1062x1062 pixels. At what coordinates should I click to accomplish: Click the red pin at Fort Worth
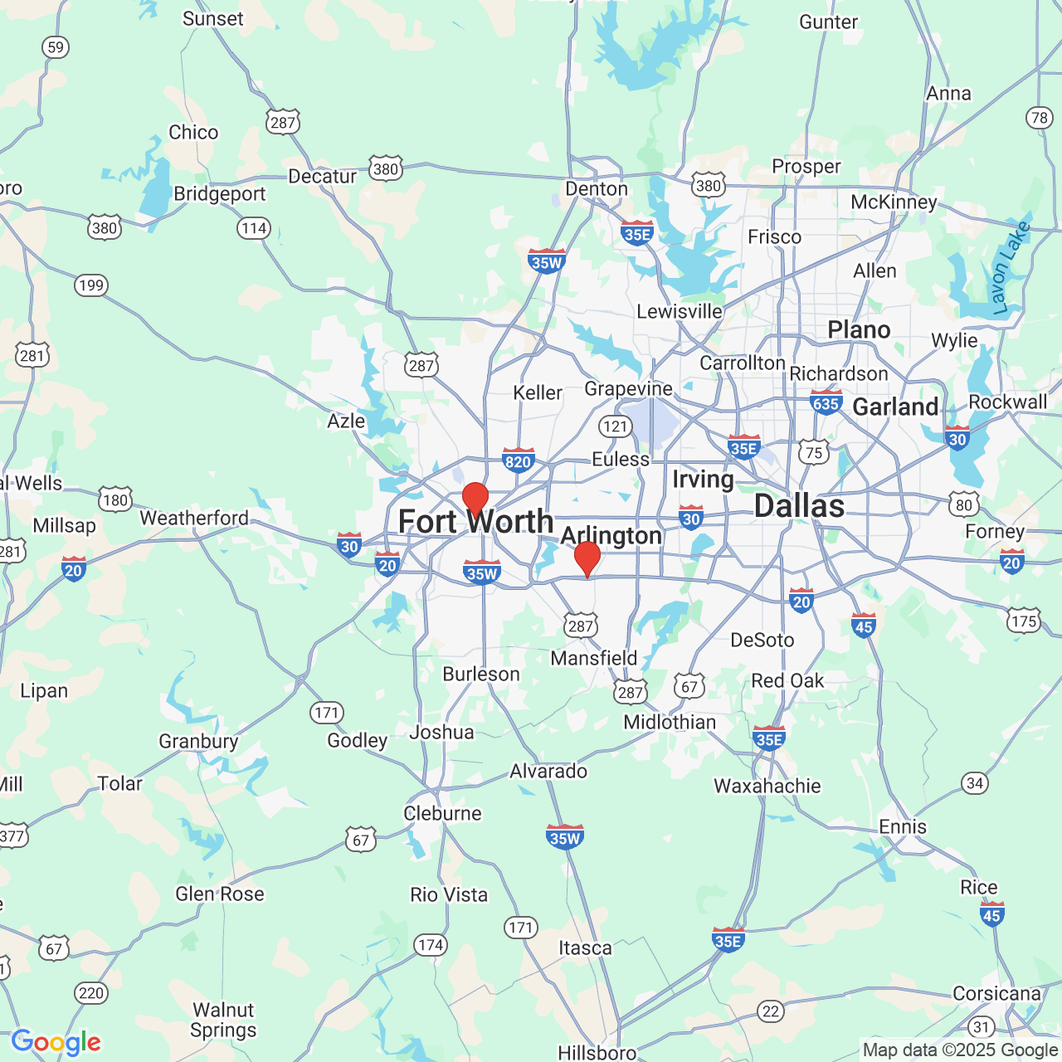click(x=475, y=499)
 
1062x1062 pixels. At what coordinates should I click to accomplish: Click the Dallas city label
click(x=799, y=506)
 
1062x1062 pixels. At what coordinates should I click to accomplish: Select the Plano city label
click(x=859, y=330)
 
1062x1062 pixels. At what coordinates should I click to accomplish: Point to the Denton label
click(x=597, y=189)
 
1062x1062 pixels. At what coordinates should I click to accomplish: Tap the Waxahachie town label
click(x=767, y=786)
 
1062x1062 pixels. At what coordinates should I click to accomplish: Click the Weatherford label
click(x=194, y=518)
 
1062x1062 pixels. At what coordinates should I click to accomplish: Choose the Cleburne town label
click(x=442, y=813)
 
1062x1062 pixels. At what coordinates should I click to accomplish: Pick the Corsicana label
click(x=996, y=993)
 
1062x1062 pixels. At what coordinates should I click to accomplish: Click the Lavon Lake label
click(x=1011, y=267)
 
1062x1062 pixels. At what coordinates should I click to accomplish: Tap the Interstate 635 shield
click(x=826, y=403)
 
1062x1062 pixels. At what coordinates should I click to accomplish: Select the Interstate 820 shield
click(x=518, y=461)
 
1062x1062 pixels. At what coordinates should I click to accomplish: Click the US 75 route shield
click(x=814, y=452)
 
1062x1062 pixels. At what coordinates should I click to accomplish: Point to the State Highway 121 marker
click(x=615, y=426)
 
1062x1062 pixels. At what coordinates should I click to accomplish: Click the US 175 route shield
click(x=1024, y=621)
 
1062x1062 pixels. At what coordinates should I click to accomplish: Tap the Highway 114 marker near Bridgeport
click(x=254, y=228)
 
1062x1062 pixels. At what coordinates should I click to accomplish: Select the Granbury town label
click(x=198, y=741)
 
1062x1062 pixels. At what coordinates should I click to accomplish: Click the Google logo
click(x=56, y=1042)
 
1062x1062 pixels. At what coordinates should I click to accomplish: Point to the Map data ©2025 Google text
click(x=960, y=1050)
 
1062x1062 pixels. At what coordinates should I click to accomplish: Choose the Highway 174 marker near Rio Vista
click(x=431, y=945)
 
